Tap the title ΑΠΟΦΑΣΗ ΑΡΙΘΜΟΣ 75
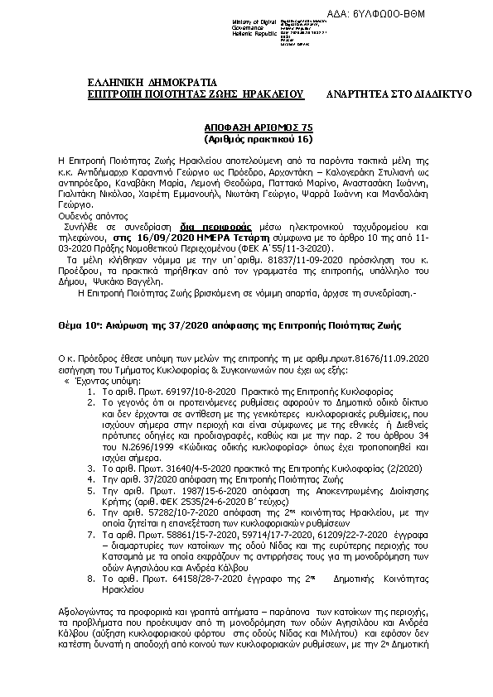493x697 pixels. pos(248,128)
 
